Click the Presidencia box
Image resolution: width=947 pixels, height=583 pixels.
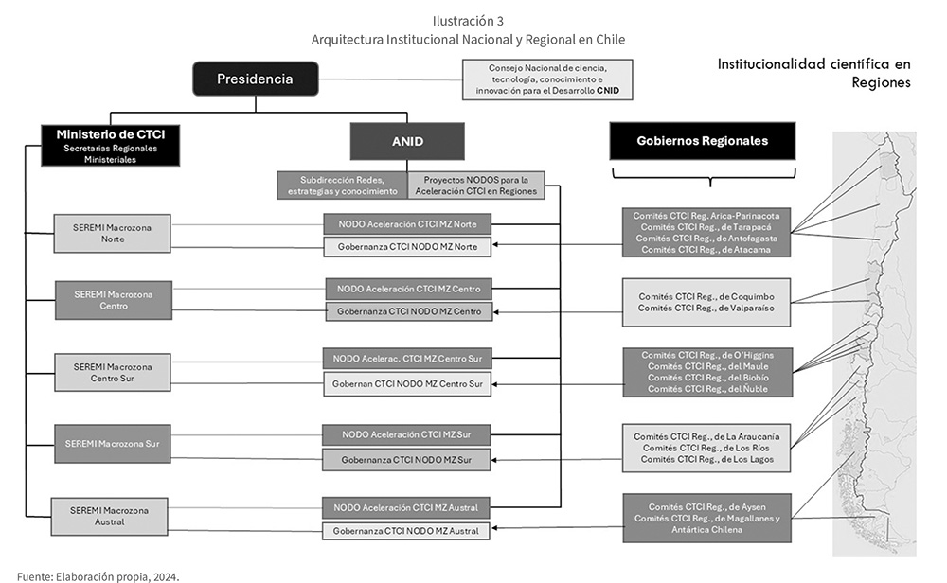tap(255, 79)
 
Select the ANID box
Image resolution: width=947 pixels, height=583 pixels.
tap(407, 141)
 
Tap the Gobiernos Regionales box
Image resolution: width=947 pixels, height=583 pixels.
tap(702, 141)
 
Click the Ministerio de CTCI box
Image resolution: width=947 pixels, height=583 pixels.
tap(111, 146)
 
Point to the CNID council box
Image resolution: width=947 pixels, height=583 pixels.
tap(547, 79)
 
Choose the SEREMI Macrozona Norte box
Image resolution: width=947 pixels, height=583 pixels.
tap(113, 233)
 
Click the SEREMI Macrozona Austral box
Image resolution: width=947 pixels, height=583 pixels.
tap(109, 516)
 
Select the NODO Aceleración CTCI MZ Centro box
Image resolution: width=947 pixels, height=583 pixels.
tap(409, 289)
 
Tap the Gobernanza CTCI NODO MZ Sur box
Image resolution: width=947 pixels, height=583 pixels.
tap(406, 459)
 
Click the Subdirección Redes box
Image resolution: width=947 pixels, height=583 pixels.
tap(343, 185)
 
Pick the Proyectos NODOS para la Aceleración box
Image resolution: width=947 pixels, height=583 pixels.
tap(476, 185)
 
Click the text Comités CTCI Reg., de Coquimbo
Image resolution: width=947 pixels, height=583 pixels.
tap(706, 296)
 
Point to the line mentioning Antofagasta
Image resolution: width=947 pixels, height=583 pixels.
tap(706, 238)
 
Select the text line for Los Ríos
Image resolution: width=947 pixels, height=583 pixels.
tap(706, 448)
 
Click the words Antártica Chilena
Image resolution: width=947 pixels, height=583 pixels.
tap(706, 529)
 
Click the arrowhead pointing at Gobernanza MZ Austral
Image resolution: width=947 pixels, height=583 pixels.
tap(494, 528)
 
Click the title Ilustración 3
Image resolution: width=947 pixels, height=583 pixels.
tap(468, 21)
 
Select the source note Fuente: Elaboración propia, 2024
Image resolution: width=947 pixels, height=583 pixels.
tap(98, 577)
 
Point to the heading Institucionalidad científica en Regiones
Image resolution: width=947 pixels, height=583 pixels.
tap(813, 73)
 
